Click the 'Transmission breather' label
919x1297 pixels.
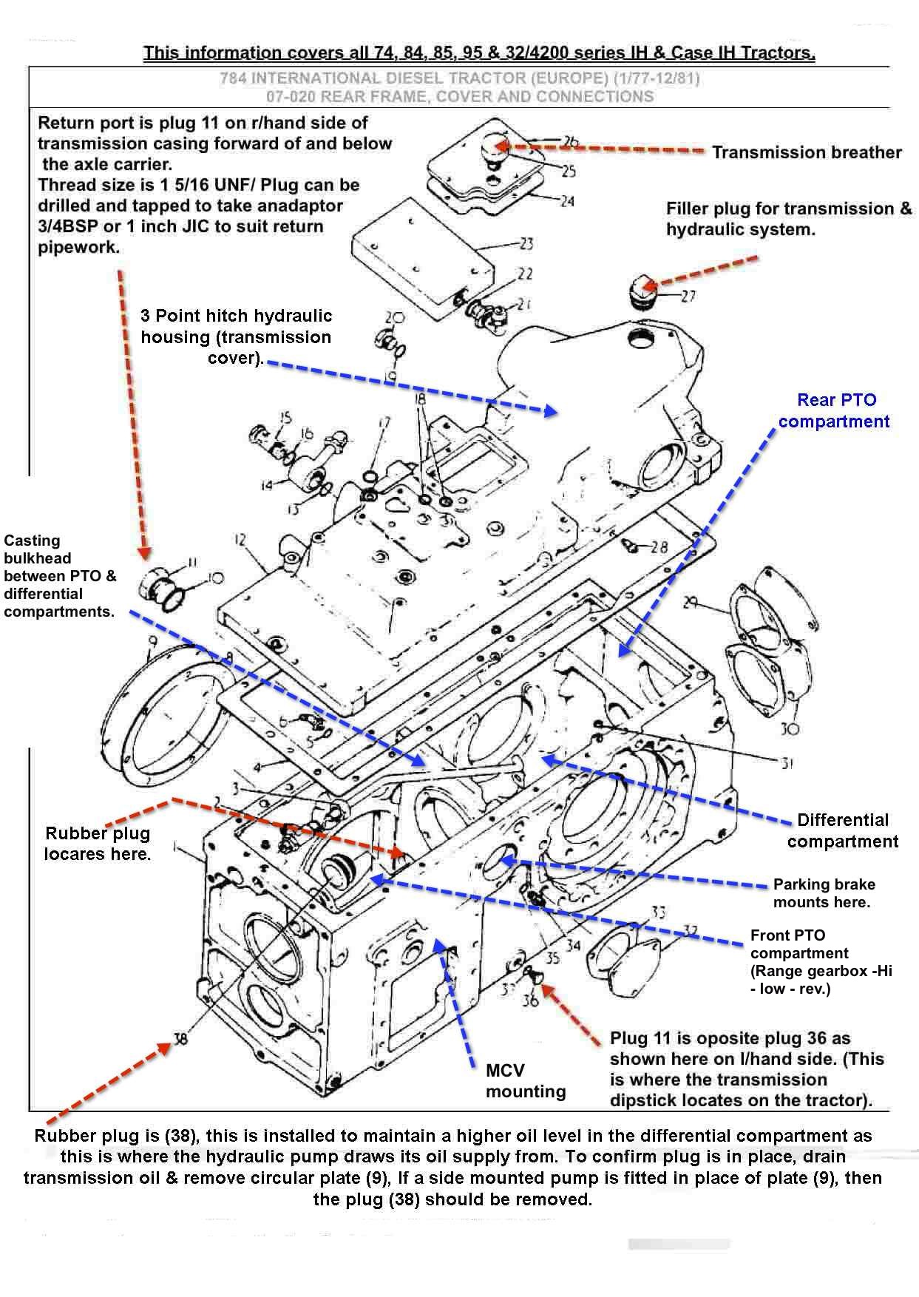click(806, 152)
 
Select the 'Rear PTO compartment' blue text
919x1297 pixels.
click(835, 410)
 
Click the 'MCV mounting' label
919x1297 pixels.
click(526, 1080)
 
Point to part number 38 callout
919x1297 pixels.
click(180, 1039)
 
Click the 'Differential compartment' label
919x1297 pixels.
click(842, 830)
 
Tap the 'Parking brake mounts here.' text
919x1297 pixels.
click(824, 893)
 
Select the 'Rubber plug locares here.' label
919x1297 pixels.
click(97, 843)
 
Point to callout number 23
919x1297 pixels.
click(526, 243)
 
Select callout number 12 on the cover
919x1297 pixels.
click(240, 541)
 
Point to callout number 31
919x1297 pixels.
click(787, 762)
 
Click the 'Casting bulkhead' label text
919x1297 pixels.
click(59, 576)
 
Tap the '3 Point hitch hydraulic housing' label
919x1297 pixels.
click(237, 336)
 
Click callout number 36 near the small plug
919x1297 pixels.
click(530, 1001)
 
